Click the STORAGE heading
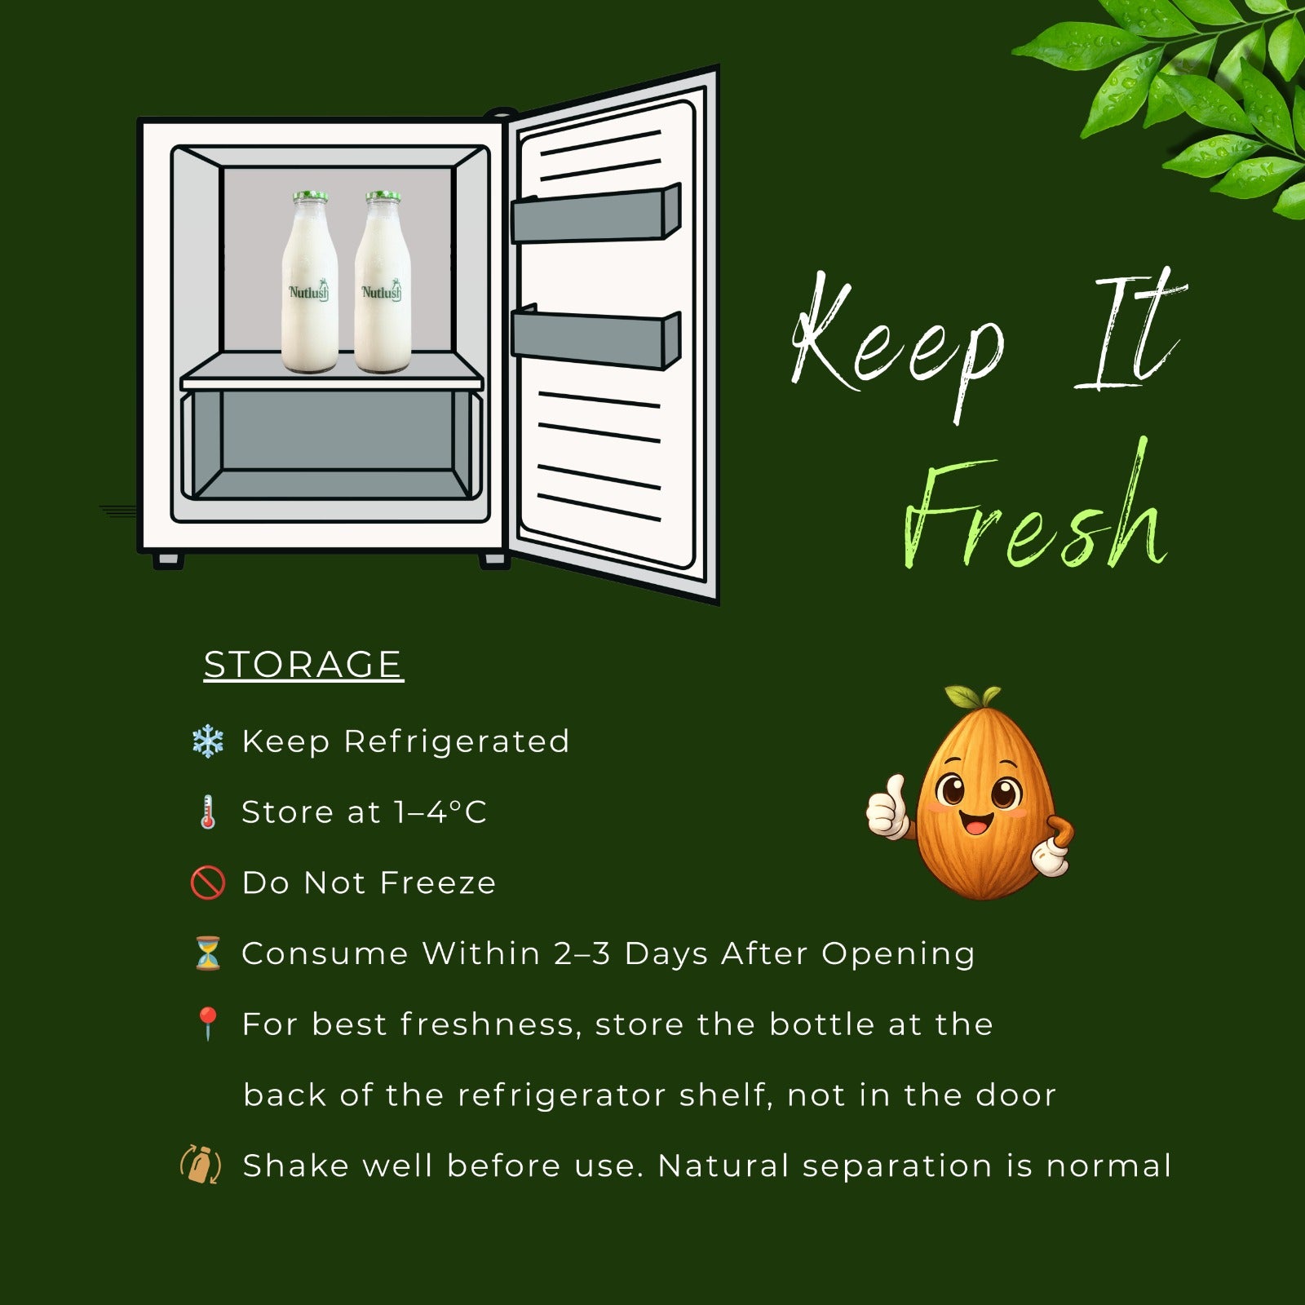click(303, 664)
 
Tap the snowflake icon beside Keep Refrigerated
click(207, 742)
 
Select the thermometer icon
click(208, 812)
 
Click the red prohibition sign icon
click(207, 883)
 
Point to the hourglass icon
click(207, 953)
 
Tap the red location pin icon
click(207, 1024)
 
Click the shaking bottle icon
click(200, 1165)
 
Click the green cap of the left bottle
click(311, 197)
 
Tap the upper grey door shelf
click(595, 214)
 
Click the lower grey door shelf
click(595, 337)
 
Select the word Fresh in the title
click(1034, 510)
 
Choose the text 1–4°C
click(440, 812)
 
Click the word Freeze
click(438, 883)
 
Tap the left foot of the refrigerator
click(168, 560)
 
